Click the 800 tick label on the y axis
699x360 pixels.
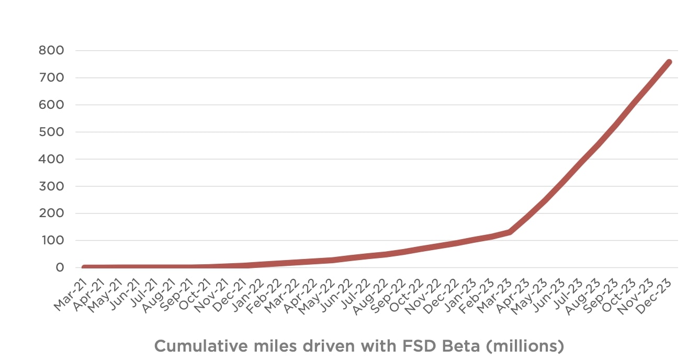[51, 51]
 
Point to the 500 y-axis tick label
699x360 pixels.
[51, 132]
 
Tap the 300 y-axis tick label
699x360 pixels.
[51, 186]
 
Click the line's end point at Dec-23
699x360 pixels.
[669, 62]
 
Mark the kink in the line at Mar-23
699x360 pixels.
[509, 232]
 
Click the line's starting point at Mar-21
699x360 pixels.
[85, 267]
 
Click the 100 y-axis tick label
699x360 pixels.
[51, 241]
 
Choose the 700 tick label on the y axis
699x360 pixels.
[51, 78]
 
